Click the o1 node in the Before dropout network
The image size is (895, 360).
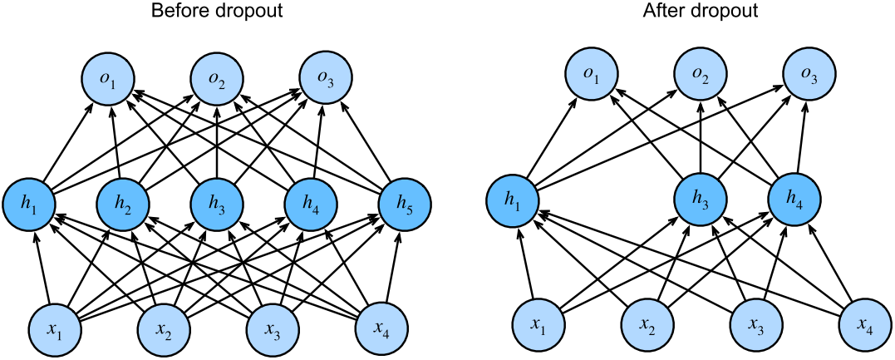(108, 81)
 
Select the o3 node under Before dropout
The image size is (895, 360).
(325, 81)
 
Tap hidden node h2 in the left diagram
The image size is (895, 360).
(123, 203)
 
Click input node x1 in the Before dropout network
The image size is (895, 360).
(55, 328)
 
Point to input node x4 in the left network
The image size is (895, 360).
(381, 328)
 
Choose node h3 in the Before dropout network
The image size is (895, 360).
(218, 203)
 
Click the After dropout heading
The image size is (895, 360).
(700, 12)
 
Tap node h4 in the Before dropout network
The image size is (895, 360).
(312, 203)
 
